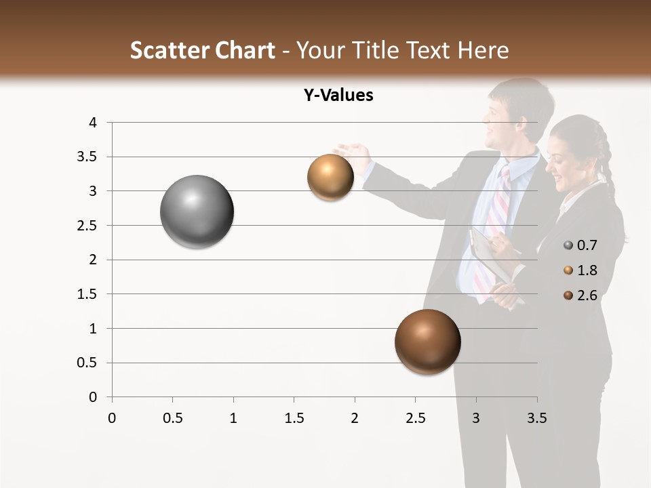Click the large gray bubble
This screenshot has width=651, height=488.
pyautogui.click(x=197, y=211)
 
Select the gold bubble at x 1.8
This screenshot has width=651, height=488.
pyautogui.click(x=330, y=178)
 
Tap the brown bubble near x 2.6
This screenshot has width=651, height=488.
pyautogui.click(x=427, y=342)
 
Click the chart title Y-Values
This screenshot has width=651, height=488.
pyautogui.click(x=338, y=96)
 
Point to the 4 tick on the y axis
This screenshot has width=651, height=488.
pyautogui.click(x=94, y=123)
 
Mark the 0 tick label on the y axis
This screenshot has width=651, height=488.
pyautogui.click(x=94, y=397)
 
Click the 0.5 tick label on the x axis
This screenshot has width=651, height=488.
pyautogui.click(x=172, y=418)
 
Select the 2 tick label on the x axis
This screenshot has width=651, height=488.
pyautogui.click(x=355, y=418)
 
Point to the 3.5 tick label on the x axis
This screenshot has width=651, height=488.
pyautogui.click(x=536, y=418)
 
